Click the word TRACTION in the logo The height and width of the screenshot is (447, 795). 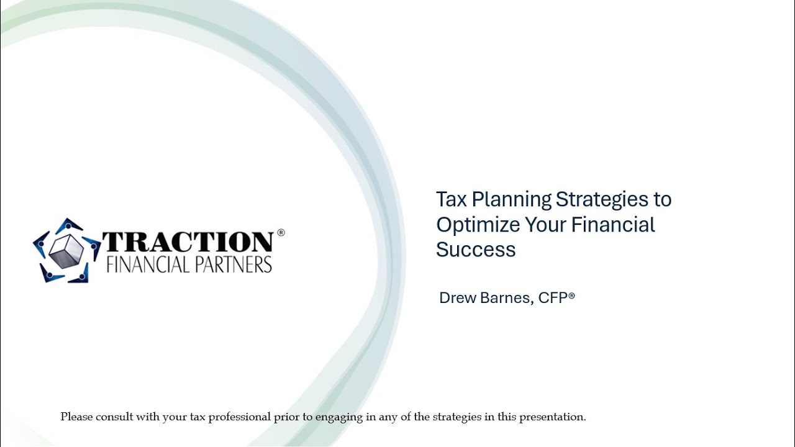[x=187, y=242]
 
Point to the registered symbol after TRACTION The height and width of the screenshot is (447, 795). [x=281, y=233]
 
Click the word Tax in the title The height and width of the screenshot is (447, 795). [x=452, y=199]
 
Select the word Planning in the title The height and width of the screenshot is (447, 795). [x=512, y=200]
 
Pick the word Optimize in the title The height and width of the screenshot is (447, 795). [x=478, y=225]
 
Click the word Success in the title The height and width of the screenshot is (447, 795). [x=476, y=250]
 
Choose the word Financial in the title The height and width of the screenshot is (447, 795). [x=613, y=224]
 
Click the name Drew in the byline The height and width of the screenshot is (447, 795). [x=458, y=298]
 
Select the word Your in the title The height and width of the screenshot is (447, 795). [x=546, y=224]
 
